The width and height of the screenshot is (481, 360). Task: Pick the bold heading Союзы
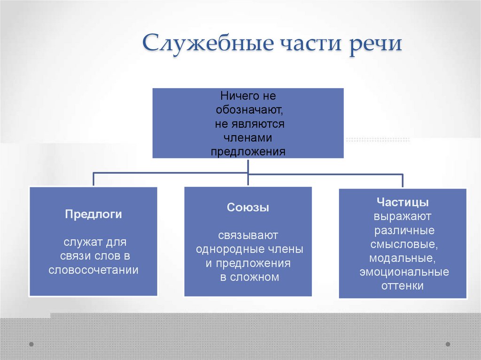(248, 207)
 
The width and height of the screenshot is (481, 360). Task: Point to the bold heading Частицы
(403, 203)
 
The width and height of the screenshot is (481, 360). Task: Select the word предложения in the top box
(248, 152)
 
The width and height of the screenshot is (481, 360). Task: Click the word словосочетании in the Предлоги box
(93, 270)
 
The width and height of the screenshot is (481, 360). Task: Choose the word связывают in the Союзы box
(248, 235)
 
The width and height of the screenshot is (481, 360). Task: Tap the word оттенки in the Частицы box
(403, 285)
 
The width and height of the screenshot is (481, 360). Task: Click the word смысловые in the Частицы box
(403, 244)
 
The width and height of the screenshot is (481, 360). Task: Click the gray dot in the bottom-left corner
(31, 344)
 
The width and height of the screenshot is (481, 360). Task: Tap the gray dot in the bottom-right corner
(448, 344)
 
